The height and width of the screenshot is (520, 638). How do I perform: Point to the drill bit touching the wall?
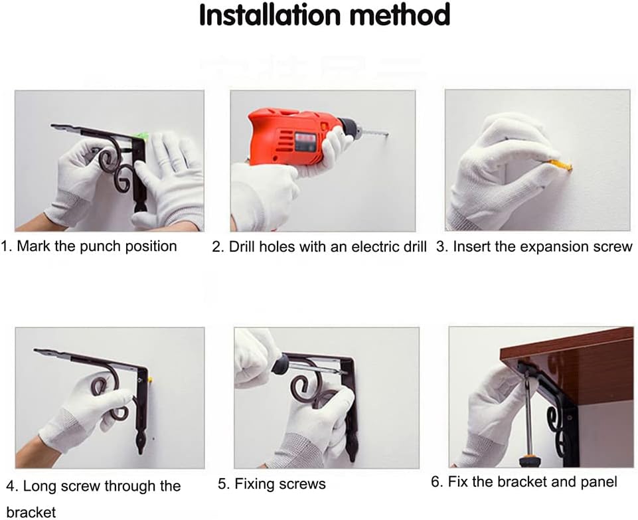(x=374, y=133)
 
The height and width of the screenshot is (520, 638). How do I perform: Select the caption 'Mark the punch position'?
(x=96, y=246)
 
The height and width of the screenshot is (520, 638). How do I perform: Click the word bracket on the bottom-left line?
(x=31, y=511)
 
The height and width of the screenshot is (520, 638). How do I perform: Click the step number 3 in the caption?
(x=441, y=247)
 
